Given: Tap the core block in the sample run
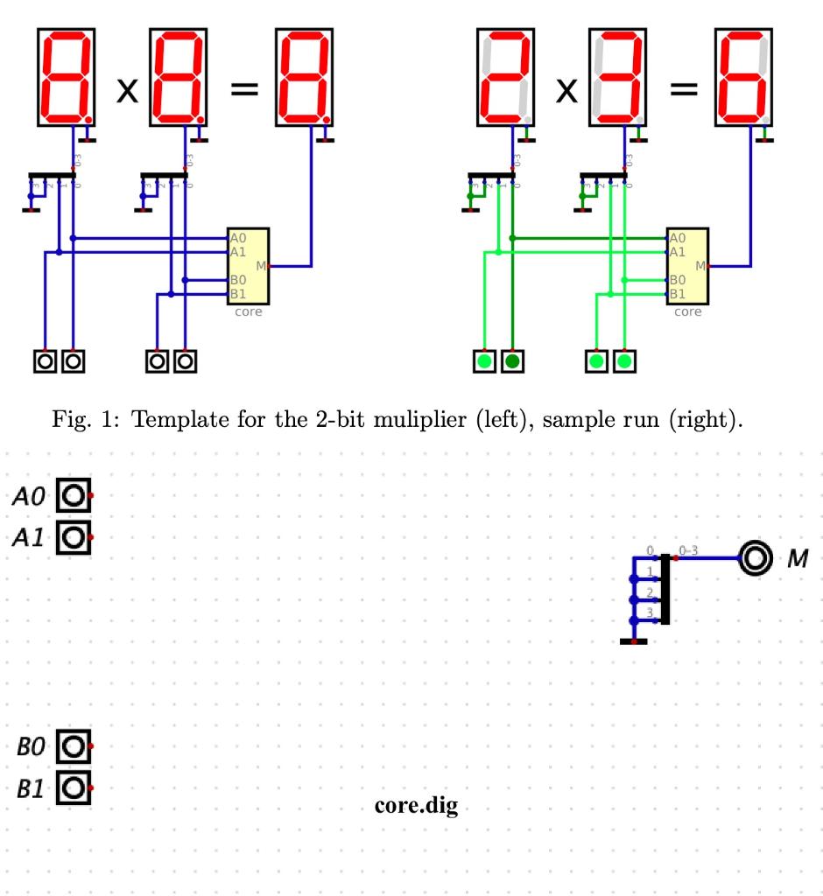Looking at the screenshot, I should click(687, 265).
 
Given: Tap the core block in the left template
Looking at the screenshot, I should click(248, 265).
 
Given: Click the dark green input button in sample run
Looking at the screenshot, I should click(512, 360).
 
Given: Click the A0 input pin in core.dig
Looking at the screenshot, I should click(74, 495).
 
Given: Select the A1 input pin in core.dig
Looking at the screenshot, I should click(74, 535).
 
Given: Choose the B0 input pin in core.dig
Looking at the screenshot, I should click(74, 746).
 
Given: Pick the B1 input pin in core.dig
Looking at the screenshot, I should click(74, 787).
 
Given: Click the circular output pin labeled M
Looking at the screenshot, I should click(755, 557).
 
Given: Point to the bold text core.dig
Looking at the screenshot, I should click(416, 805).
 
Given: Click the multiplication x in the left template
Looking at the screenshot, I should click(127, 92).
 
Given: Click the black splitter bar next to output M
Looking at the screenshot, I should click(665, 589).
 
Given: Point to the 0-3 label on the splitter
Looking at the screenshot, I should click(688, 550).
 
